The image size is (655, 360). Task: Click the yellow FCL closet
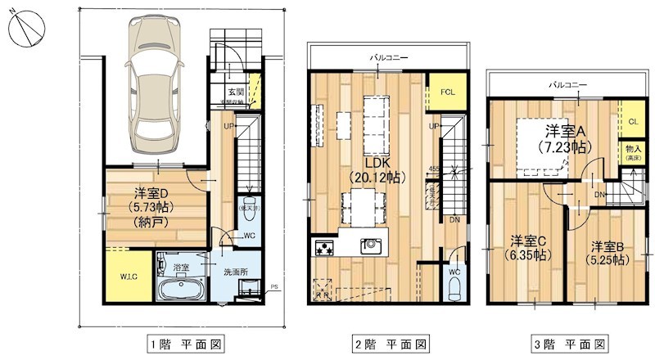tap(447, 92)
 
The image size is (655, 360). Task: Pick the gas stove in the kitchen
tap(323, 247)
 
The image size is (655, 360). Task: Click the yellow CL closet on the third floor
tap(632, 121)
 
